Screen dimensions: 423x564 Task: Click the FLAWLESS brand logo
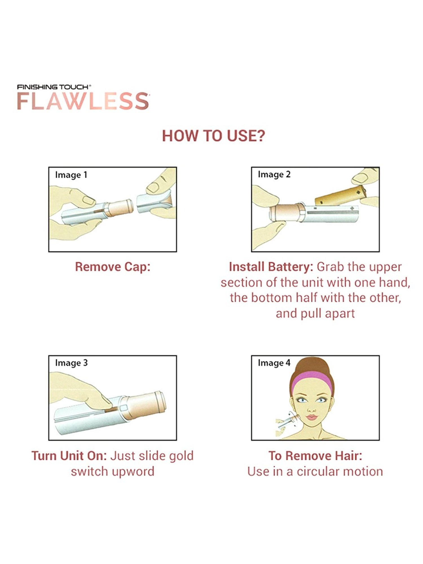click(x=83, y=101)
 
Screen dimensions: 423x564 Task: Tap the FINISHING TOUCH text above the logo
click(x=54, y=87)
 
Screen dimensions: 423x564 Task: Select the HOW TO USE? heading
click(x=213, y=136)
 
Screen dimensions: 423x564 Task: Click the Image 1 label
click(x=71, y=175)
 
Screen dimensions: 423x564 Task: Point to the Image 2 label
click(x=274, y=175)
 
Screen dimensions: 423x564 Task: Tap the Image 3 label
click(x=71, y=363)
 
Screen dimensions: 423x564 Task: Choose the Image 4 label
click(x=274, y=363)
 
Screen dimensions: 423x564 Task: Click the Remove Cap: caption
click(x=113, y=267)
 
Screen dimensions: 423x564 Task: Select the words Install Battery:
click(x=271, y=267)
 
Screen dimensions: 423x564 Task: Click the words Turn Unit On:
click(x=69, y=456)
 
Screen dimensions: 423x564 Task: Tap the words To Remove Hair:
click(x=315, y=456)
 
